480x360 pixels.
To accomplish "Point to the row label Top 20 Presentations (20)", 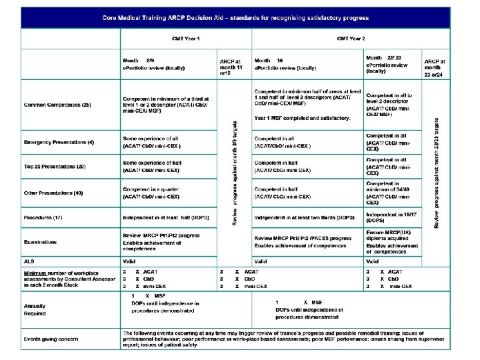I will pyautogui.click(x=54, y=165).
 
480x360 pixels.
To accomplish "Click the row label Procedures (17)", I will pyautogui.click(x=43, y=218).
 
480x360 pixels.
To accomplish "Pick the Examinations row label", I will pyautogui.click(x=41, y=242).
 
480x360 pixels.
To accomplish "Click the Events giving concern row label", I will pyautogui.click(x=51, y=339).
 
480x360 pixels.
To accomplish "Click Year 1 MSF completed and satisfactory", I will pyautogui.click(x=303, y=118).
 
